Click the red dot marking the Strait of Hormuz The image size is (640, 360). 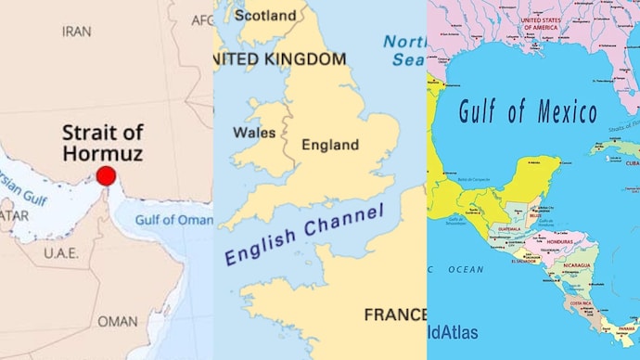point(106,176)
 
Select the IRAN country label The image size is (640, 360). point(76,31)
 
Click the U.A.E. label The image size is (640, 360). point(61,251)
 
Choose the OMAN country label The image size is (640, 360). point(117,321)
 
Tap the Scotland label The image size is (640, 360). point(265,15)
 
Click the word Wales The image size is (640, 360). point(253,133)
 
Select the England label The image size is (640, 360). point(330,145)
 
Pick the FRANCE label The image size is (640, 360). point(395,315)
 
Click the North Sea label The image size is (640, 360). point(404,51)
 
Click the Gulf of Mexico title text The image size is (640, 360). point(528,112)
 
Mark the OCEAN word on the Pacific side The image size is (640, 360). point(466,269)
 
